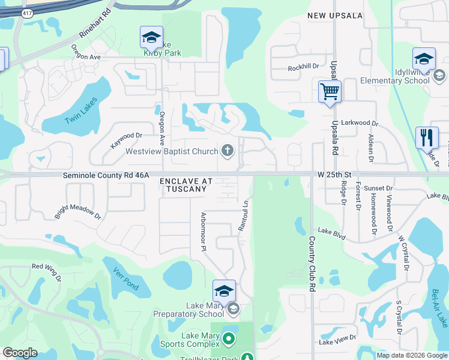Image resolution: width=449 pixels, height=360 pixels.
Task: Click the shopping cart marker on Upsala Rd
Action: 330,92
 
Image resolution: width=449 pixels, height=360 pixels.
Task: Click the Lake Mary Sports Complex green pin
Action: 228,339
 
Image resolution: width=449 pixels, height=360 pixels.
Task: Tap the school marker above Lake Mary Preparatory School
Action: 224,292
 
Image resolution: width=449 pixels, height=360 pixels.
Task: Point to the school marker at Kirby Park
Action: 151,38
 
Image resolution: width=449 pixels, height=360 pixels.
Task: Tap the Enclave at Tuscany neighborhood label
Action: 183,185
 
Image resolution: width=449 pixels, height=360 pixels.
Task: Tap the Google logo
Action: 20,353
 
